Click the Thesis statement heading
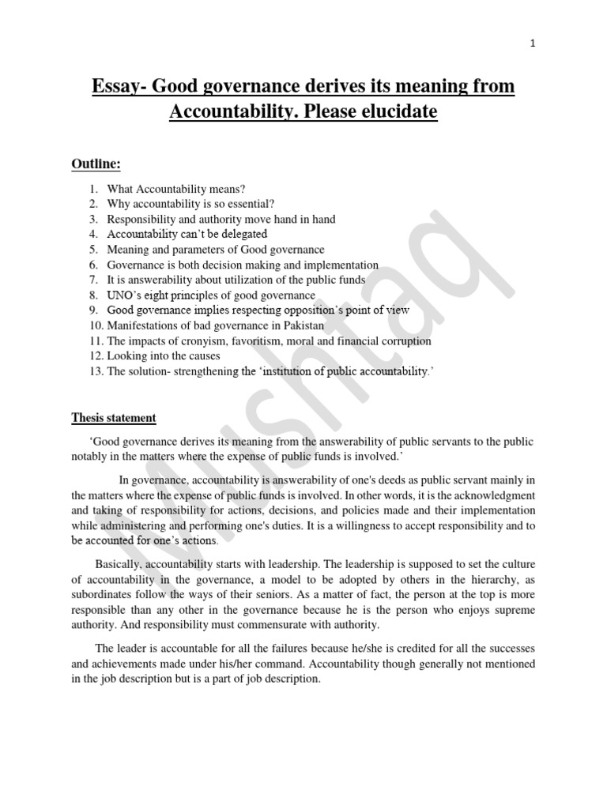(114, 418)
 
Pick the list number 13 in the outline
(96, 371)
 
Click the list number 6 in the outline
(93, 265)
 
